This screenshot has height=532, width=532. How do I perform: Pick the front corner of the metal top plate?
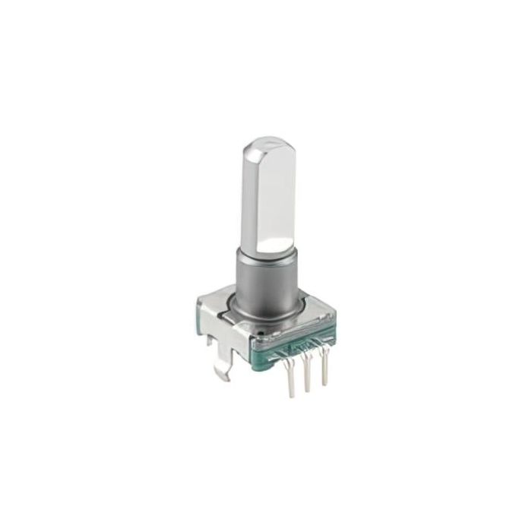click(251, 340)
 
